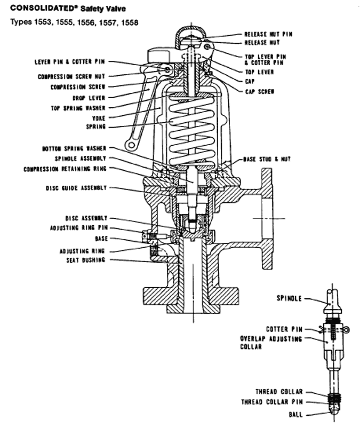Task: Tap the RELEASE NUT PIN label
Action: pos(268,34)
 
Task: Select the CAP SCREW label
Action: pos(260,91)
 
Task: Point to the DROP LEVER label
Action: pos(89,98)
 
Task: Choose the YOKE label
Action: pos(98,117)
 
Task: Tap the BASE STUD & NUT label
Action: pos(267,159)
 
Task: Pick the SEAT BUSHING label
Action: pos(85,260)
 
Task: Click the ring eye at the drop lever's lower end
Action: pos(129,144)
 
